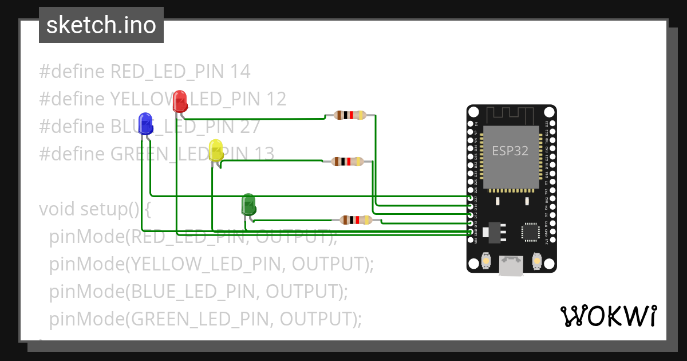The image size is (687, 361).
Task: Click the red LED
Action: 180,101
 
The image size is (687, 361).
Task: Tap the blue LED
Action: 145,124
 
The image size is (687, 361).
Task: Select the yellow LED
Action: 216,150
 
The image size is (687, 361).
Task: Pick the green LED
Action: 248,205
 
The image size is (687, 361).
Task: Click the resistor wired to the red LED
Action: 350,115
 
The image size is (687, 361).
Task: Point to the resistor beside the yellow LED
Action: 347,161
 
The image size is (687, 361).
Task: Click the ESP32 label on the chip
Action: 510,151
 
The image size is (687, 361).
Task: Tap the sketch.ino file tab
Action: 101,25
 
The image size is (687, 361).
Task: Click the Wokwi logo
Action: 608,316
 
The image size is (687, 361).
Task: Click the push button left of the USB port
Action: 485,261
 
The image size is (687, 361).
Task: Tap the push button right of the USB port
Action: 537,261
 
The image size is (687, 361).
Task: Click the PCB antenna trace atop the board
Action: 511,115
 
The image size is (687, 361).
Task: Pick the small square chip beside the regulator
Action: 530,232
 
